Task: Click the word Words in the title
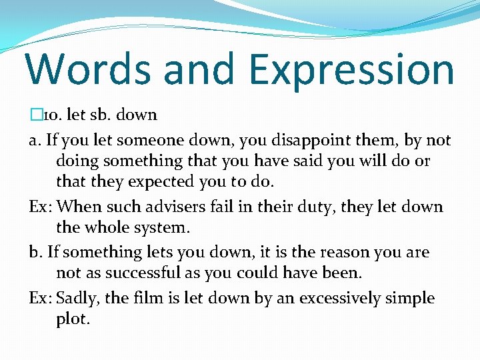85,69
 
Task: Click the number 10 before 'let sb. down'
51,115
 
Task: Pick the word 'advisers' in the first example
175,207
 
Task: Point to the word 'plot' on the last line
72,319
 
